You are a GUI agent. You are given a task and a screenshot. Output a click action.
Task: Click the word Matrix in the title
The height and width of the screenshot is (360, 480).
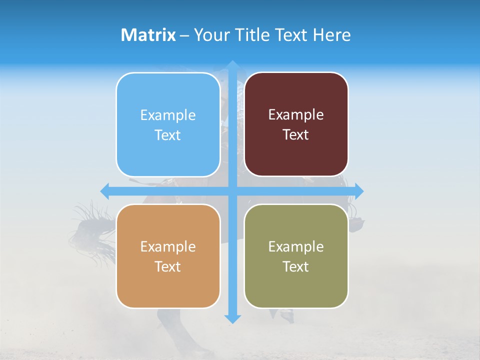148,35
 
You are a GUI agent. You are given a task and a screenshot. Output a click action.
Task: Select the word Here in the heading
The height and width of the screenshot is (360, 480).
332,35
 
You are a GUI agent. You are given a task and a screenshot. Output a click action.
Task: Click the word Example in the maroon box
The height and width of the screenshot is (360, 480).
296,114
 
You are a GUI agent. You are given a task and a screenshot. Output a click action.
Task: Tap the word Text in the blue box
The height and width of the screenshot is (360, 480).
167,135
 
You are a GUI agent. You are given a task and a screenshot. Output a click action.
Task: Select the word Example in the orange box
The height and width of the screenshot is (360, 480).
167,246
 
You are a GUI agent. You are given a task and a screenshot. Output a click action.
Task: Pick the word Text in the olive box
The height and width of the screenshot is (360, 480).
295,266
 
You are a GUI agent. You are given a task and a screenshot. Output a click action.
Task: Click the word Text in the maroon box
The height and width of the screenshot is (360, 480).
295,134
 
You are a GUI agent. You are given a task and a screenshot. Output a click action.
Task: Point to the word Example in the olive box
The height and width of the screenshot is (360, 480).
296,246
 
